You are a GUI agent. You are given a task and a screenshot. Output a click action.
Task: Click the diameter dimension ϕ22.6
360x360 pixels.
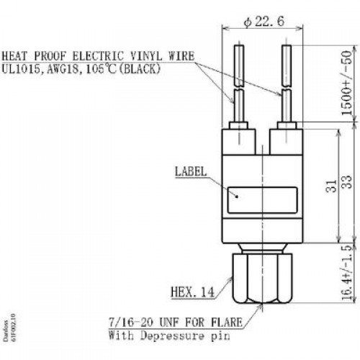(x=264, y=22)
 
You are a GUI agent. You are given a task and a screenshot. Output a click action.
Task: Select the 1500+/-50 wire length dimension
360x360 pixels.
(x=347, y=83)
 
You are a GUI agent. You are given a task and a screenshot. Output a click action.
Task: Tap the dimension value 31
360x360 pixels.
(x=331, y=186)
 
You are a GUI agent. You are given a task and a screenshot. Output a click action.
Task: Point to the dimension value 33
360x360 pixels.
(x=347, y=182)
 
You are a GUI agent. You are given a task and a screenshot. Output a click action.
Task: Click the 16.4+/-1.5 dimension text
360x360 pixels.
(x=347, y=273)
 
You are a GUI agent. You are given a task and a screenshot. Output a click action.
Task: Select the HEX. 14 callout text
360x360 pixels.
(x=192, y=292)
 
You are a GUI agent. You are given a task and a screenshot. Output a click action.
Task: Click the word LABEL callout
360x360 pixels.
(x=191, y=171)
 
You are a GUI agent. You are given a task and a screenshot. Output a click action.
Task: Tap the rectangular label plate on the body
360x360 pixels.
(x=262, y=200)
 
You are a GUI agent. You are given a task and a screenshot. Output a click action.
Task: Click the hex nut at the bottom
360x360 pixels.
(x=262, y=279)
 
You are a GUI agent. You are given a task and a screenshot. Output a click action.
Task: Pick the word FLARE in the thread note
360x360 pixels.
(x=227, y=322)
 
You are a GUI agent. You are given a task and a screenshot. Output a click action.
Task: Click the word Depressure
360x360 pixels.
(x=172, y=336)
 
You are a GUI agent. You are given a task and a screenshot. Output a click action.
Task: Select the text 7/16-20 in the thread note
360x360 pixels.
(x=131, y=322)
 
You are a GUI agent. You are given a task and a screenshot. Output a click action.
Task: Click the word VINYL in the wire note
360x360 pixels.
(x=145, y=56)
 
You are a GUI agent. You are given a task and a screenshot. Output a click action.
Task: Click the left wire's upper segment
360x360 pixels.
(x=239, y=66)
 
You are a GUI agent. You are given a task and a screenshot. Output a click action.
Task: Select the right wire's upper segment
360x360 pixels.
(x=287, y=66)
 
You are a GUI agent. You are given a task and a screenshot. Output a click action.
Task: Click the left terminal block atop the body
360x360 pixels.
(x=238, y=142)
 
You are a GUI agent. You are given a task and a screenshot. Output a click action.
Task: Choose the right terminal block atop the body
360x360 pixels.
(x=286, y=142)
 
